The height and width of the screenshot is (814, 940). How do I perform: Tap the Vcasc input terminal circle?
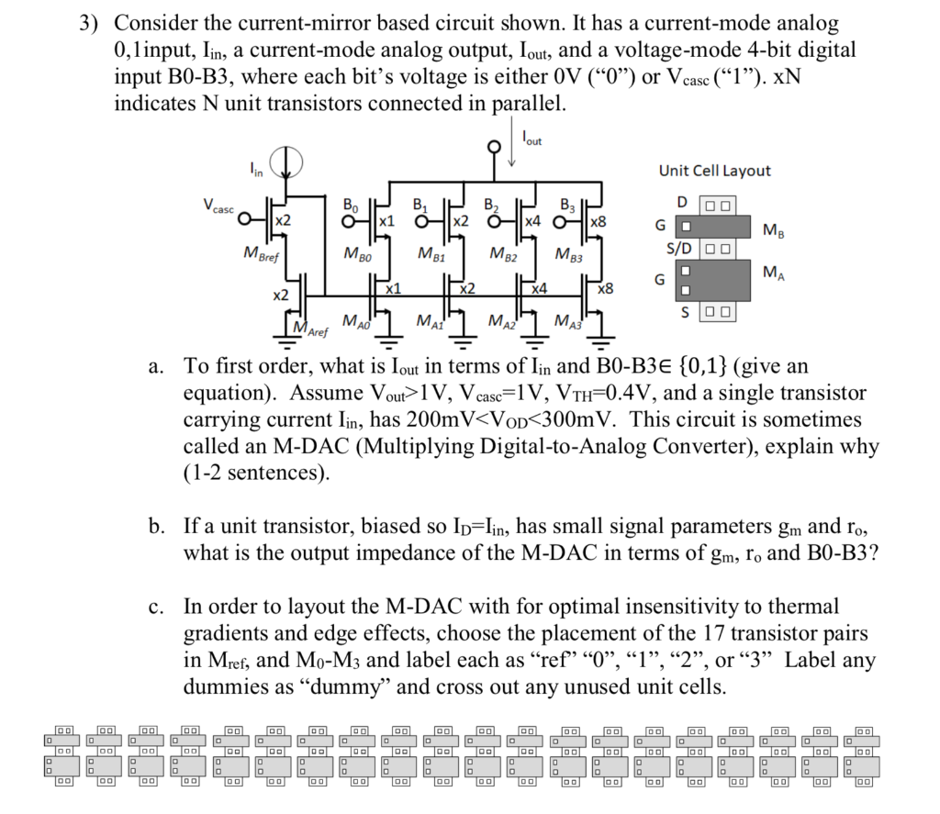click(x=243, y=220)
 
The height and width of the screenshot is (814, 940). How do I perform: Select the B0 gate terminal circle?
click(x=348, y=220)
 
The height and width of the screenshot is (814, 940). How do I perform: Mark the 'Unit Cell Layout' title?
click(x=714, y=171)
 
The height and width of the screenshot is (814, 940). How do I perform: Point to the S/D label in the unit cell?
click(x=680, y=249)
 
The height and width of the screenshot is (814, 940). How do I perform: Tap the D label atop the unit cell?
click(x=681, y=201)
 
